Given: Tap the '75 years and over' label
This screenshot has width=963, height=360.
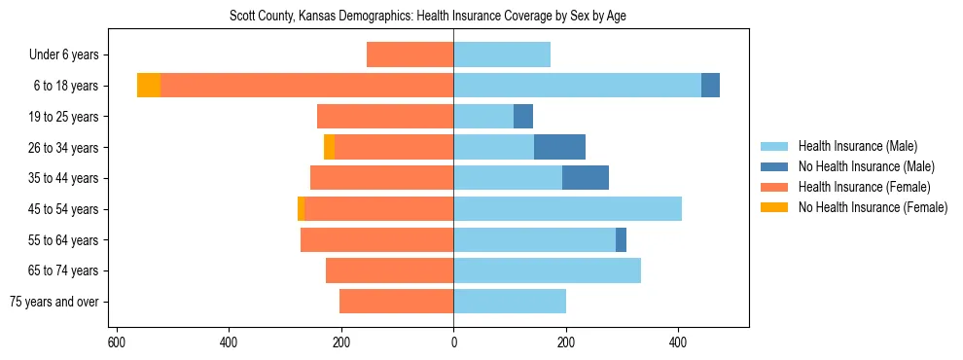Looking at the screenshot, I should [x=53, y=302].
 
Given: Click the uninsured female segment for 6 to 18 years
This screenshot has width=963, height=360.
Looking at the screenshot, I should [x=149, y=86].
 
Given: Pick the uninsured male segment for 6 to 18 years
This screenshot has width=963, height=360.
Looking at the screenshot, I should [x=710, y=86].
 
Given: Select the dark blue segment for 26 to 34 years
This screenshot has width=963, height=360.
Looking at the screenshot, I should [x=559, y=147].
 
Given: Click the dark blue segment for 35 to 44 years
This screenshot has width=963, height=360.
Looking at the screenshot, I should [x=586, y=178].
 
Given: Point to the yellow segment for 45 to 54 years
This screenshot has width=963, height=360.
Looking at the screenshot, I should [x=302, y=209].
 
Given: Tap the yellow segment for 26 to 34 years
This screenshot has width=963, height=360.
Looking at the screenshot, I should [x=330, y=147].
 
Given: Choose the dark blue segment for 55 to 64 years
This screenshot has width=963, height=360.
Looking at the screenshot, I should [x=621, y=239].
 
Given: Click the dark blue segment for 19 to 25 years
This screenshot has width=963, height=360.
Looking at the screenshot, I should [x=523, y=117].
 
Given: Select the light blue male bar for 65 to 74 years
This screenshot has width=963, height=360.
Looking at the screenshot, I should [x=547, y=270].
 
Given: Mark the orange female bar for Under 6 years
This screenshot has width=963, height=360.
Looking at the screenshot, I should [x=410, y=55].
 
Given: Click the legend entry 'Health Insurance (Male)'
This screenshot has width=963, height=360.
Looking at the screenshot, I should [x=857, y=146].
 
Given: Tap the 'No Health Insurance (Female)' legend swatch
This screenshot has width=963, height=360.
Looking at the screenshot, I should [x=775, y=207].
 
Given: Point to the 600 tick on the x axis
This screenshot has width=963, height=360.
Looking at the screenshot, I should [x=117, y=342].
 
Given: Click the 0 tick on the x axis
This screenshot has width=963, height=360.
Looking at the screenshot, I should [x=453, y=342].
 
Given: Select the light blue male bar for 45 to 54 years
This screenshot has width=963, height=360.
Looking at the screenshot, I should [x=567, y=209].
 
